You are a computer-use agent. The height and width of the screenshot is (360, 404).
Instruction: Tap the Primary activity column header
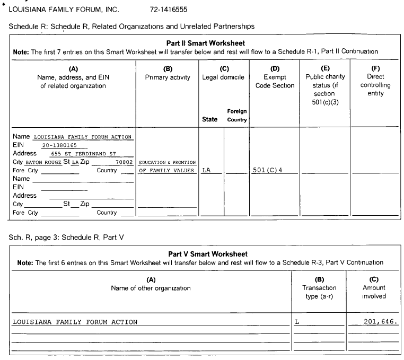[x=168, y=77]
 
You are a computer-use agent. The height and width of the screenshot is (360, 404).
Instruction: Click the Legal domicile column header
[x=223, y=77]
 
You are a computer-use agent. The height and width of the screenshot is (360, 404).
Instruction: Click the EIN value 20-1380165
[x=59, y=145]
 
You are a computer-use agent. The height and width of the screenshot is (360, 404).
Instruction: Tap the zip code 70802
[x=124, y=162]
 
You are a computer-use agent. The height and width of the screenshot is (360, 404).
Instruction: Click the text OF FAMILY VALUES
[x=166, y=170]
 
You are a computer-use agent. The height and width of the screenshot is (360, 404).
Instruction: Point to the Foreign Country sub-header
[x=237, y=116]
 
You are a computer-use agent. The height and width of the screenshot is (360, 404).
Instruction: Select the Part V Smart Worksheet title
[x=207, y=254]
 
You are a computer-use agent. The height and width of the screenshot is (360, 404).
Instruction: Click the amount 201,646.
[x=381, y=322]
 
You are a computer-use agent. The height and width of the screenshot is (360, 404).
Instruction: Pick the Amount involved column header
[x=374, y=292]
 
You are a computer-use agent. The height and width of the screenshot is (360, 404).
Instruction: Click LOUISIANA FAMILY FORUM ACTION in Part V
[x=75, y=322]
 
